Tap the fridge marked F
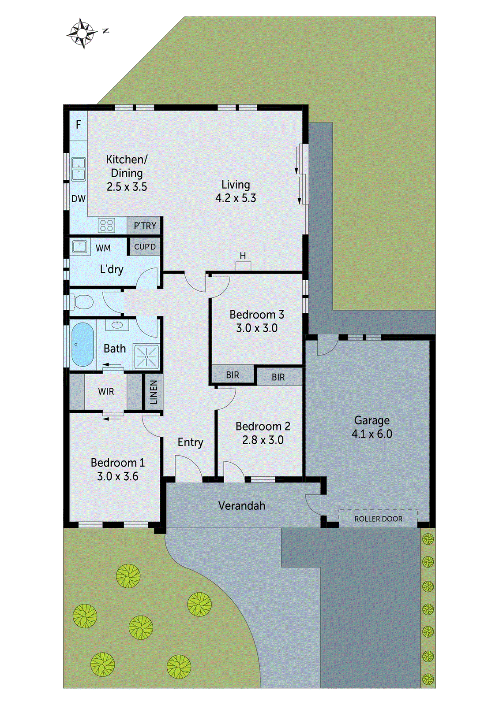coord(79,125)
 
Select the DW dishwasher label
coord(79,199)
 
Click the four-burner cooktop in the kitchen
coord(107,225)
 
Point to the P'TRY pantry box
coord(145,226)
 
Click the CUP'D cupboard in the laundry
coord(145,247)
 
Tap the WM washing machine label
coord(103,248)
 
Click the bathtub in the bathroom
coord(83,345)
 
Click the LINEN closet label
coord(153,392)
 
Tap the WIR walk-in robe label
coord(106,391)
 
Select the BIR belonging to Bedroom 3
coord(233,375)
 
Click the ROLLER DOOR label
coord(378,519)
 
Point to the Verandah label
coord(242,506)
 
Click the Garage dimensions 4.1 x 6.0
coord(371,434)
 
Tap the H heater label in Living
coord(243,256)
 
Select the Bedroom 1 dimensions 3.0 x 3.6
coord(117,476)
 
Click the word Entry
coord(190,442)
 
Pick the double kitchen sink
coord(79,169)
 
